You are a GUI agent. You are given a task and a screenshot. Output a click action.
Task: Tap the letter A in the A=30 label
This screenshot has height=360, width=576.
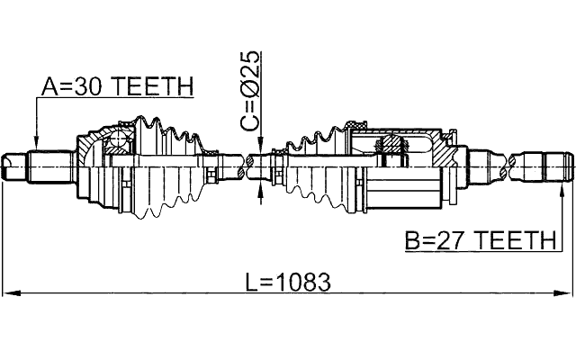pyautogui.click(x=50, y=86)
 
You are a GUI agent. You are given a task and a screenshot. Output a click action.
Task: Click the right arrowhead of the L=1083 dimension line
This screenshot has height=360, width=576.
pyautogui.click(x=566, y=293)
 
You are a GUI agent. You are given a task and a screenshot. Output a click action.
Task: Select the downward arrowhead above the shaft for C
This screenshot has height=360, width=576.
pyautogui.click(x=259, y=148)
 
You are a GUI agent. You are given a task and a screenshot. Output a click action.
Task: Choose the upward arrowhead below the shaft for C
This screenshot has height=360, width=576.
pyautogui.click(x=259, y=185)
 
